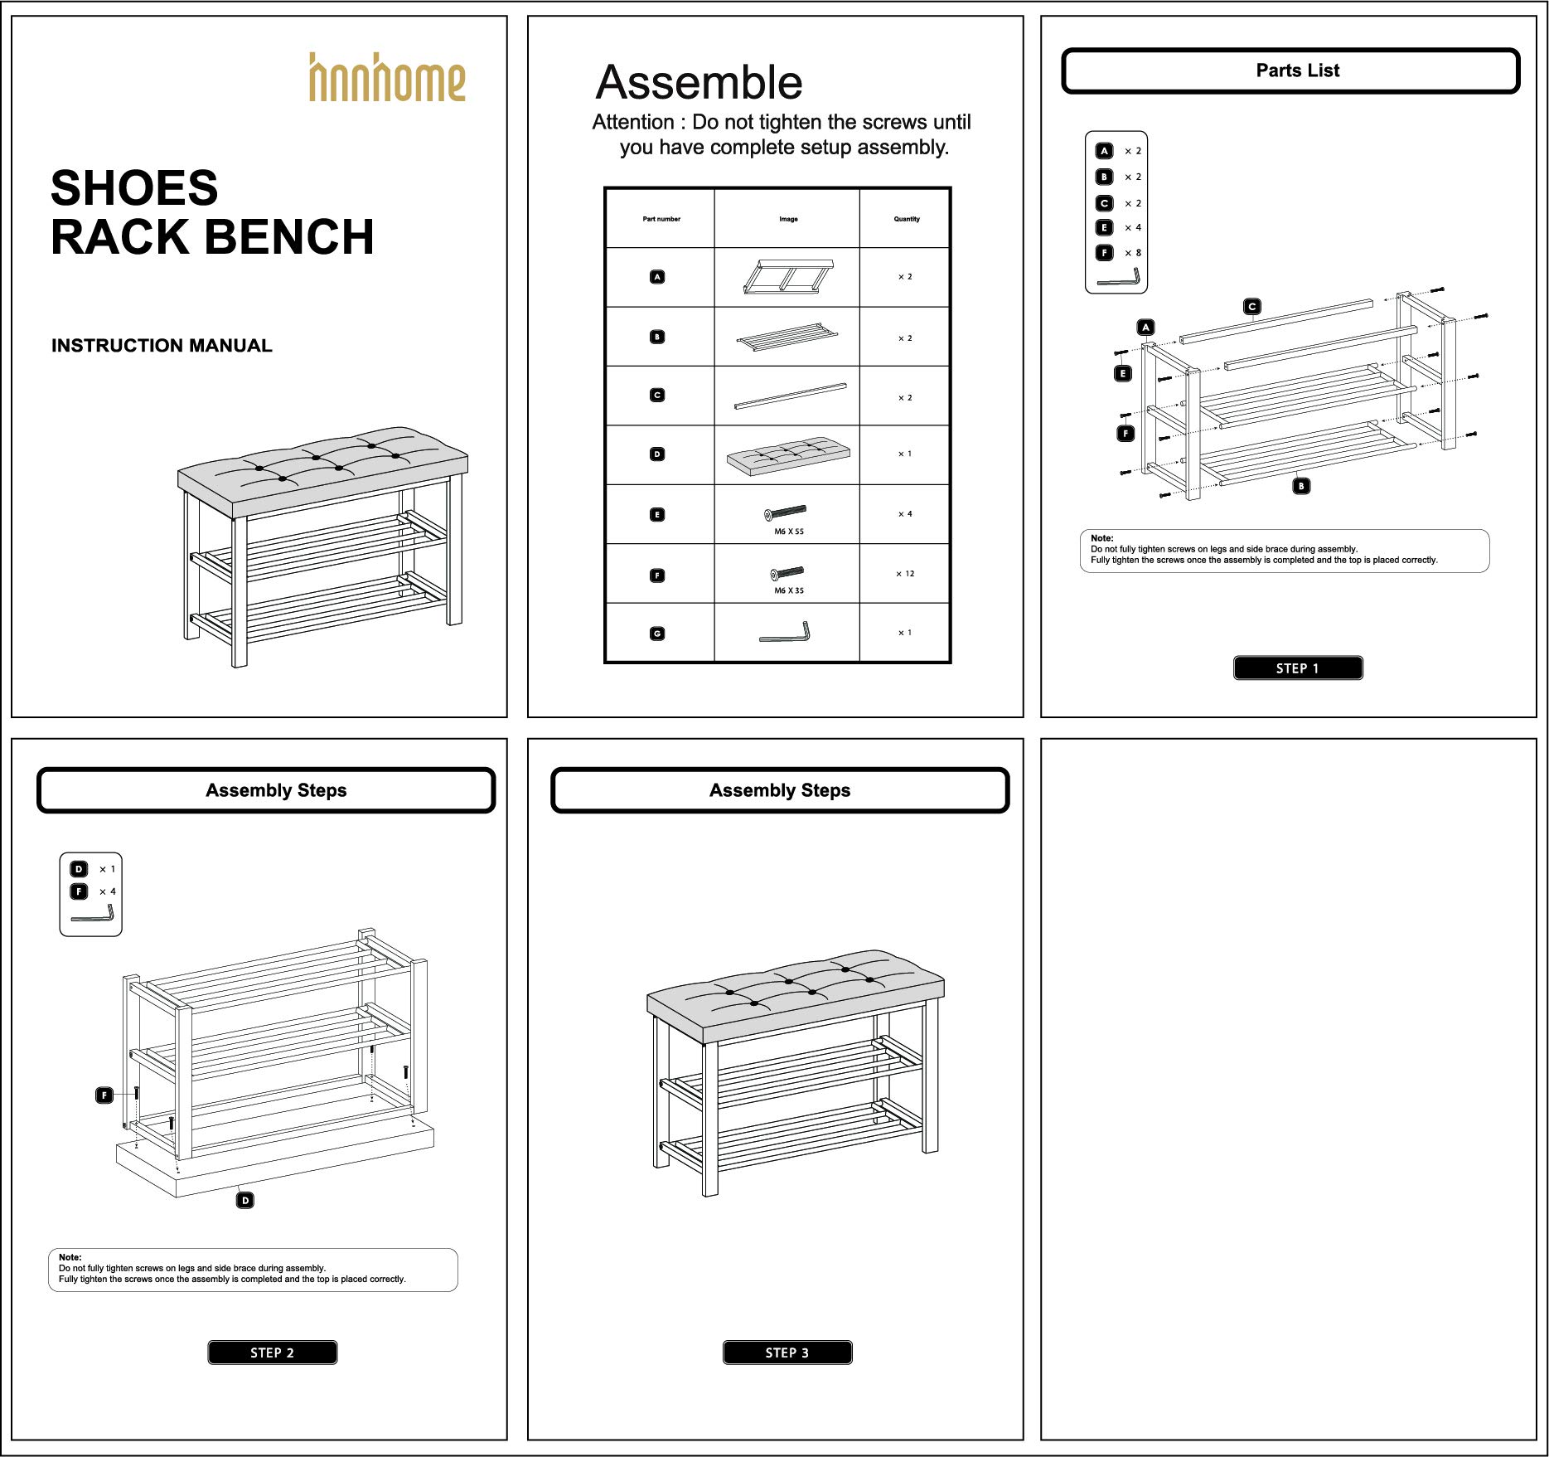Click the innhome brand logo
pyautogui.click(x=387, y=78)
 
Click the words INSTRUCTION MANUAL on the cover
pyautogui.click(x=162, y=346)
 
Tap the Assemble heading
pyautogui.click(x=699, y=83)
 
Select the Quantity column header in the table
pyautogui.click(x=906, y=219)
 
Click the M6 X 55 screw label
pyautogui.click(x=788, y=532)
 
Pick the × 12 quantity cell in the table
pyautogui.click(x=905, y=574)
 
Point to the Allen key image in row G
pyautogui.click(x=785, y=633)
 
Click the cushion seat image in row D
pyautogui.click(x=788, y=454)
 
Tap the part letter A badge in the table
pyautogui.click(x=657, y=277)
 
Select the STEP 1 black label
pyautogui.click(x=1297, y=668)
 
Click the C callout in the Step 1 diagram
pyautogui.click(x=1252, y=307)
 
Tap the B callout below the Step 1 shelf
pyautogui.click(x=1301, y=486)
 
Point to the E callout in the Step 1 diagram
pyautogui.click(x=1123, y=374)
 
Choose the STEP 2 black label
pyautogui.click(x=272, y=1353)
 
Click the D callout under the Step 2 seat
pyautogui.click(x=244, y=1200)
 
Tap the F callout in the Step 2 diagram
pyautogui.click(x=104, y=1095)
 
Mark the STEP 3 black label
pyautogui.click(x=787, y=1353)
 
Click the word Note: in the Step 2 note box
pyautogui.click(x=70, y=1257)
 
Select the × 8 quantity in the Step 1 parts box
pyautogui.click(x=1133, y=253)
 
